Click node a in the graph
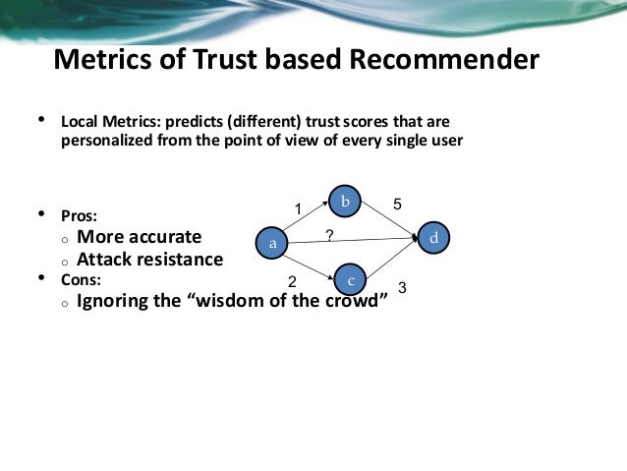[272, 241]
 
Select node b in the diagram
[345, 202]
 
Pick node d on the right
[433, 238]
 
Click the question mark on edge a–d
[329, 233]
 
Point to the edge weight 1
[300, 208]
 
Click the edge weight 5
[397, 204]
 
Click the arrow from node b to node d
[389, 219]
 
